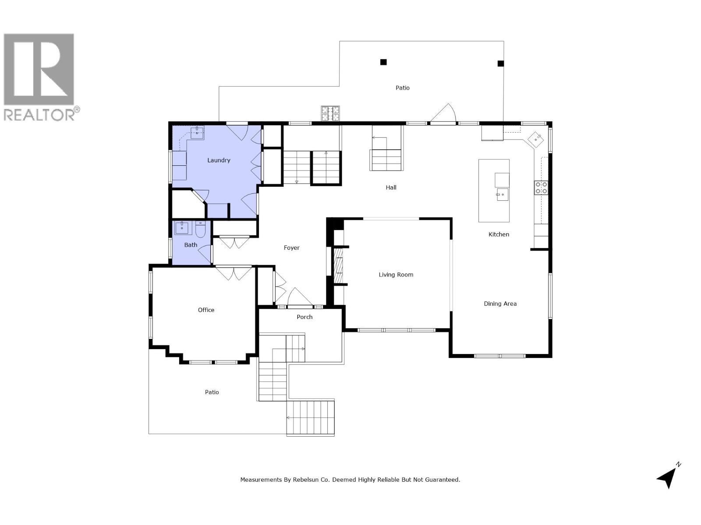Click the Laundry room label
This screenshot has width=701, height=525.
pyautogui.click(x=219, y=160)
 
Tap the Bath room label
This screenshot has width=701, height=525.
pyautogui.click(x=191, y=245)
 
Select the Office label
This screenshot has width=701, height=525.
pyautogui.click(x=206, y=310)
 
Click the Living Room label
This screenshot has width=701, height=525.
pyautogui.click(x=396, y=275)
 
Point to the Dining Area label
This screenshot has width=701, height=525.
pyautogui.click(x=500, y=304)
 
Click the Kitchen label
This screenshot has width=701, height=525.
pyautogui.click(x=499, y=234)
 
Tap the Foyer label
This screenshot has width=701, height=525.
pyautogui.click(x=291, y=248)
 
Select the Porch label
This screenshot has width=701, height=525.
pyautogui.click(x=304, y=317)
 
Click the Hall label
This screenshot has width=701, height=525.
pyautogui.click(x=391, y=187)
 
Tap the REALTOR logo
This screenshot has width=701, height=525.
pyautogui.click(x=39, y=77)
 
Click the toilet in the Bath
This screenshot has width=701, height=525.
pyautogui.click(x=200, y=229)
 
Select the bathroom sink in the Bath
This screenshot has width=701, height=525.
pyautogui.click(x=182, y=227)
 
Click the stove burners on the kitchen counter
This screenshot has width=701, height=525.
pyautogui.click(x=541, y=188)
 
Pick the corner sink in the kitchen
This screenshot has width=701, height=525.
pyautogui.click(x=536, y=139)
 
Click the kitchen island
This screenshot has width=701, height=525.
pyautogui.click(x=494, y=191)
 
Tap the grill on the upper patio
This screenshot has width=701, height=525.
pyautogui.click(x=330, y=114)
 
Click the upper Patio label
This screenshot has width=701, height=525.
pyautogui.click(x=402, y=88)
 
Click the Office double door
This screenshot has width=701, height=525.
pyautogui.click(x=234, y=273)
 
